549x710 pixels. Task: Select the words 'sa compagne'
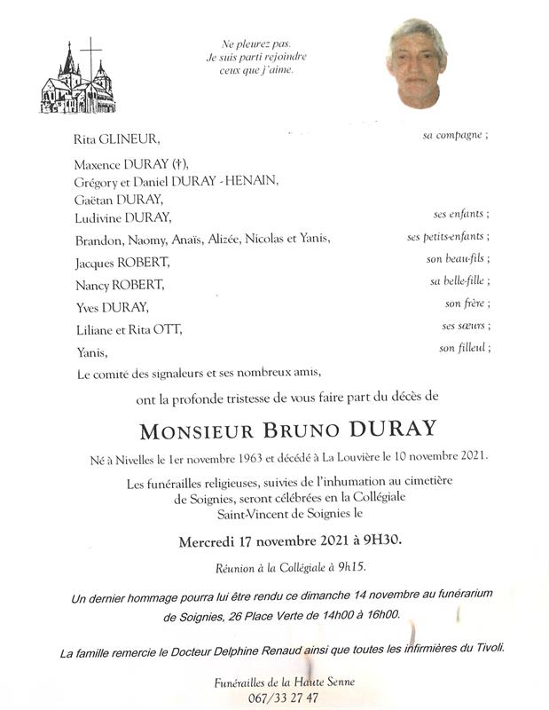(454, 136)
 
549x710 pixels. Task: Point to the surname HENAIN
(252, 181)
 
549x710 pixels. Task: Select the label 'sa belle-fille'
(459, 281)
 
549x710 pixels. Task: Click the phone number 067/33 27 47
(275, 698)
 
